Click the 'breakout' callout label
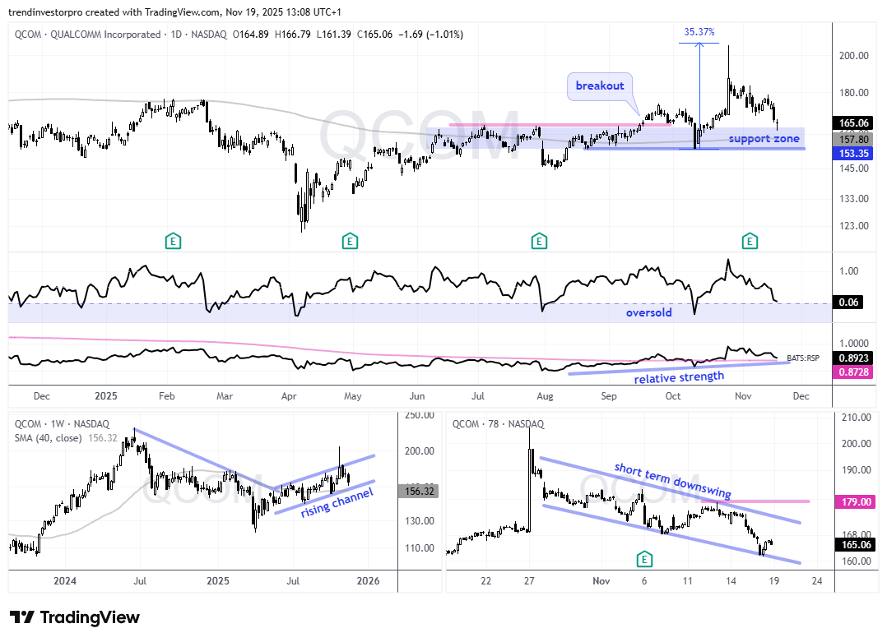[600, 85]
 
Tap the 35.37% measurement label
[699, 32]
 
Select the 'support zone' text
[764, 138]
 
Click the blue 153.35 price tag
[853, 153]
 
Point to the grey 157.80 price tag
[853, 140]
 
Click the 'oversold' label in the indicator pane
[649, 312]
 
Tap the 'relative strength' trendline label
[679, 377]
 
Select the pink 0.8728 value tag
[853, 372]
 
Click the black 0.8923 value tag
[853, 358]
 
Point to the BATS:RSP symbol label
[803, 358]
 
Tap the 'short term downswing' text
[672, 480]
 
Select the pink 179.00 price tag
[857, 501]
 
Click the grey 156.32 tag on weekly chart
[419, 491]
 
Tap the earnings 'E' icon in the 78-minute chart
[644, 560]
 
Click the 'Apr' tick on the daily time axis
[289, 396]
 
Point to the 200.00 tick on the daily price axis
[853, 55]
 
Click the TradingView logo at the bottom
[74, 617]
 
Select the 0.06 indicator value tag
[848, 303]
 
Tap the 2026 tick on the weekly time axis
[369, 581]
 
